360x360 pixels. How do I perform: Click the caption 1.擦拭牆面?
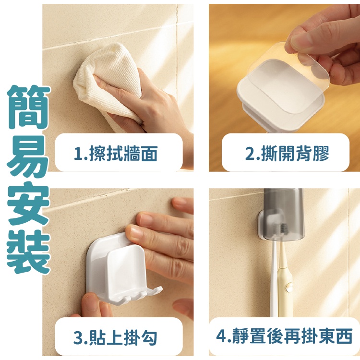point(116,154)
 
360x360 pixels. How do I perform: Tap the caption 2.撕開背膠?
point(287,154)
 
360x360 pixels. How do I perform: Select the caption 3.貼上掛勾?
point(116,337)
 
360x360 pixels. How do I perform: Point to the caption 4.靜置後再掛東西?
point(284,336)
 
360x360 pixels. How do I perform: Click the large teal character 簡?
point(28,107)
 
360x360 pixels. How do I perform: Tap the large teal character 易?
point(28,156)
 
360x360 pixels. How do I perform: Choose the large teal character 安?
point(28,204)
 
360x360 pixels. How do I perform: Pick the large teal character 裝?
point(28,252)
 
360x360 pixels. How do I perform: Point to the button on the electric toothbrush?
point(288,287)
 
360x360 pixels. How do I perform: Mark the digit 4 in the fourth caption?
point(222,336)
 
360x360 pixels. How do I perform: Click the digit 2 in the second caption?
point(250,154)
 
